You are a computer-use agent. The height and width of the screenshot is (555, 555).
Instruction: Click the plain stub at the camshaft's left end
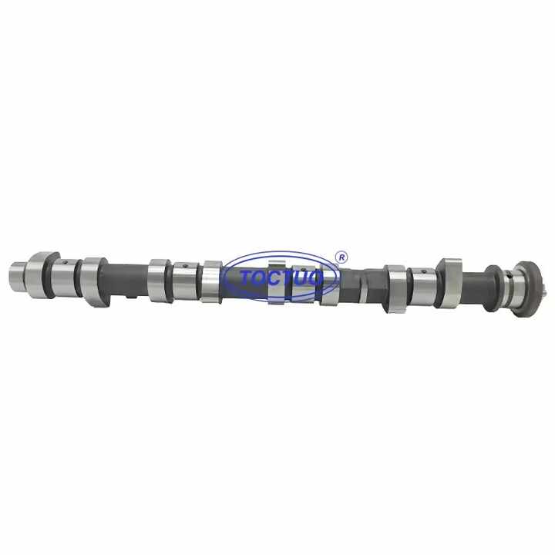pos(17,273)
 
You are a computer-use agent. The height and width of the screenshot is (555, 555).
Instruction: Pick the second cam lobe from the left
pos(93,279)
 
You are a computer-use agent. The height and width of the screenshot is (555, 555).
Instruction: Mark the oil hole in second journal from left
pos(186,267)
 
